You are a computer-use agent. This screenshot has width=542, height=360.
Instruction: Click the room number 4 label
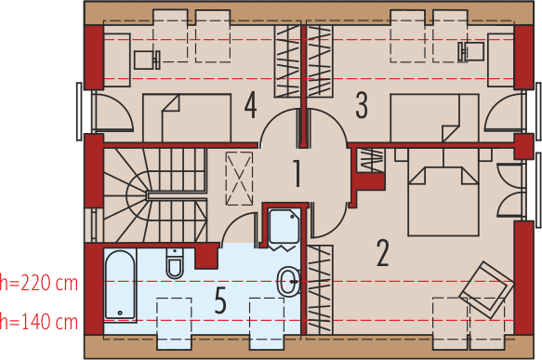[251, 105]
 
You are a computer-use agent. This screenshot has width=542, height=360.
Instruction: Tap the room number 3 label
[362, 105]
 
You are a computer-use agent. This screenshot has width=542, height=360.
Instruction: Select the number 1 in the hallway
[297, 174]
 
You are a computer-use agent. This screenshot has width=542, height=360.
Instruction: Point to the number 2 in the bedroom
[382, 253]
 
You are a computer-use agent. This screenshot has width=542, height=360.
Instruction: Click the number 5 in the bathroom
[220, 300]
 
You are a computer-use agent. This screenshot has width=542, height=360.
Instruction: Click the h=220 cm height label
[39, 283]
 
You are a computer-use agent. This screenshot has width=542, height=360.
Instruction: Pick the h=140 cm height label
[39, 322]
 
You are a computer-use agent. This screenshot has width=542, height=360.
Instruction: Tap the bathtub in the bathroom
[120, 285]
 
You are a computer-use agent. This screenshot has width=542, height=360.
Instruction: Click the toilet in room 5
[175, 263]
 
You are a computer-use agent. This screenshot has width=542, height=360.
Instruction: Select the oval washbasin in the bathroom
[288, 282]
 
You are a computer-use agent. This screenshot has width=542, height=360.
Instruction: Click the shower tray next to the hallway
[284, 227]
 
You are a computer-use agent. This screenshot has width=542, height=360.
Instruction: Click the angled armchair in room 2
[487, 290]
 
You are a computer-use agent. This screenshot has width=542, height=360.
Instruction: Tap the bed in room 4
[187, 118]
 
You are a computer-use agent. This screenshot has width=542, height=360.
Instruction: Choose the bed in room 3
[434, 118]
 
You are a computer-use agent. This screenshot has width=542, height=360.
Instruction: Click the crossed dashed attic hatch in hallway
[239, 179]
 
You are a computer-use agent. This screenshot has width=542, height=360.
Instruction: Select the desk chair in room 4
[147, 60]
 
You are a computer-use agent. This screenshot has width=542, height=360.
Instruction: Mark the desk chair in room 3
[471, 52]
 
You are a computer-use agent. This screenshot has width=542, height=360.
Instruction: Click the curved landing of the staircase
[137, 195]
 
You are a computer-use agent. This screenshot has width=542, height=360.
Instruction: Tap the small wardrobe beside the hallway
[370, 160]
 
